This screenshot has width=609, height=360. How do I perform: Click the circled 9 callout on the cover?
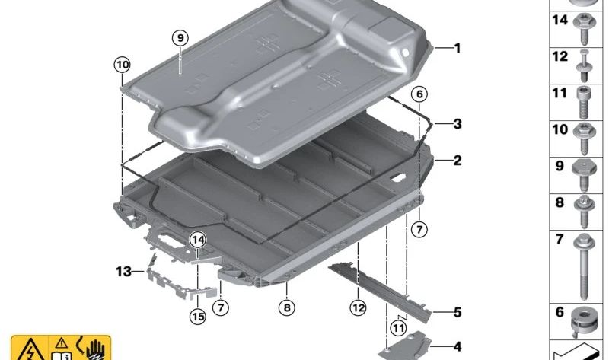pos(179,38)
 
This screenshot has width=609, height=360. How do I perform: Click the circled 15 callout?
pos(198,317)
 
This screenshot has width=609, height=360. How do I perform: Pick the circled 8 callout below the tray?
pos(285,308)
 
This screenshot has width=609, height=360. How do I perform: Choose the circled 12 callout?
pos(359,308)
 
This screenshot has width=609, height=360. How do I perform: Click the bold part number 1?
pos(458,48)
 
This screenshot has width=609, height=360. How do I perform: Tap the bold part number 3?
pos(458,123)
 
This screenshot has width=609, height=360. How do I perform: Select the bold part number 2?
pos(458,161)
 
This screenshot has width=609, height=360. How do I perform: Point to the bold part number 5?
pos(458,312)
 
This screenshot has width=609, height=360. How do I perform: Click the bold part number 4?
pos(458,346)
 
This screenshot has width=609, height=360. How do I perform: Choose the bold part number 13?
pos(124,270)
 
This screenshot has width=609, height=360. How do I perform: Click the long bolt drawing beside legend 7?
pos(588,266)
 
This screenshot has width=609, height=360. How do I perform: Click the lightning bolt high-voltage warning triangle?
pos(27,349)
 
